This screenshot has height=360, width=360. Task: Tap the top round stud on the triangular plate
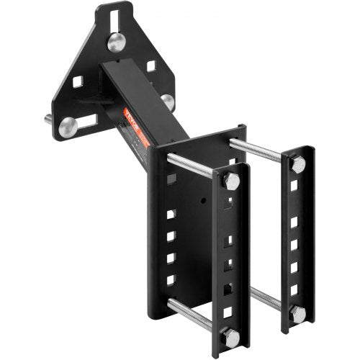tap(117, 42)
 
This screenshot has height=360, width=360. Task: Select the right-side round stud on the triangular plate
tap(168, 102)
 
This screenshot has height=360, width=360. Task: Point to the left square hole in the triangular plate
tap(78, 81)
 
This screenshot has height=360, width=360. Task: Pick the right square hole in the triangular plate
tap(152, 66)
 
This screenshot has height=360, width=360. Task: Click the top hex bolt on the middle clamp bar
tap(231, 181)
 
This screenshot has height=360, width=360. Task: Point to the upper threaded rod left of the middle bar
tap(191, 166)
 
